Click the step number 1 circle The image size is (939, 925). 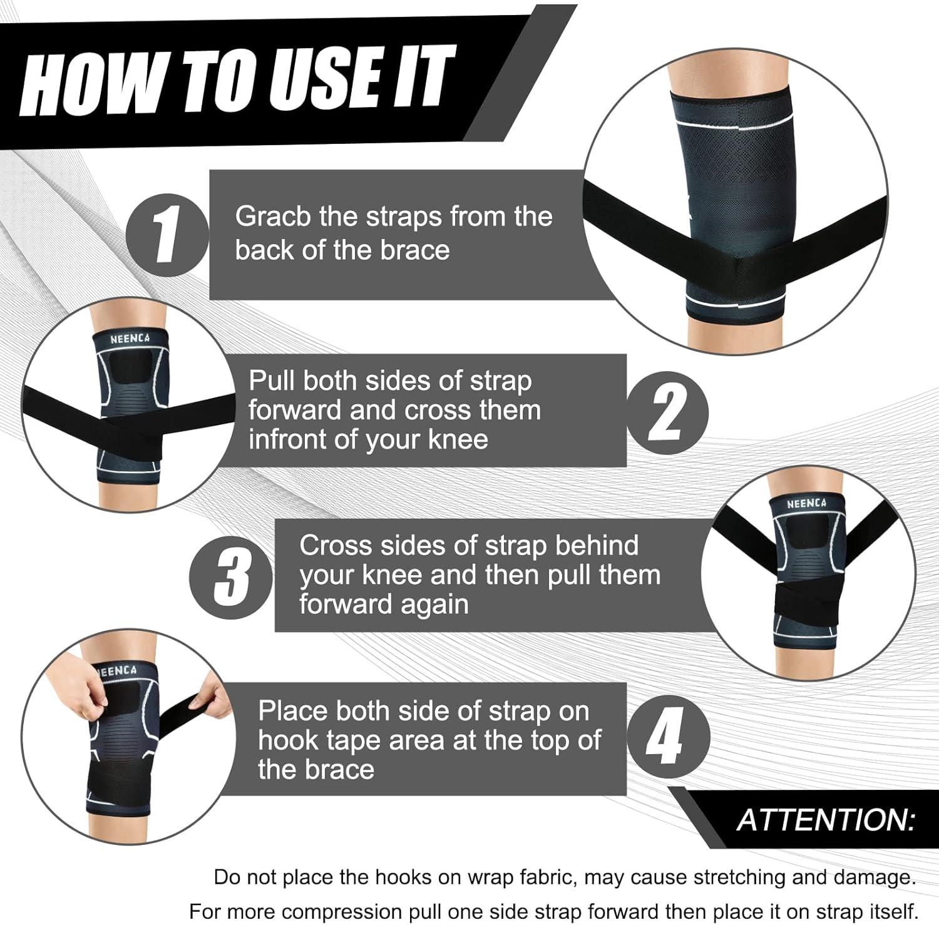[167, 237]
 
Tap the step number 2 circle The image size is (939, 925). [667, 412]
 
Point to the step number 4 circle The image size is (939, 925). [669, 738]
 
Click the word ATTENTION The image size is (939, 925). [826, 820]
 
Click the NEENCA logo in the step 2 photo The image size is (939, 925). [130, 339]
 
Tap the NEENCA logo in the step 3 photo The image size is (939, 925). [806, 503]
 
